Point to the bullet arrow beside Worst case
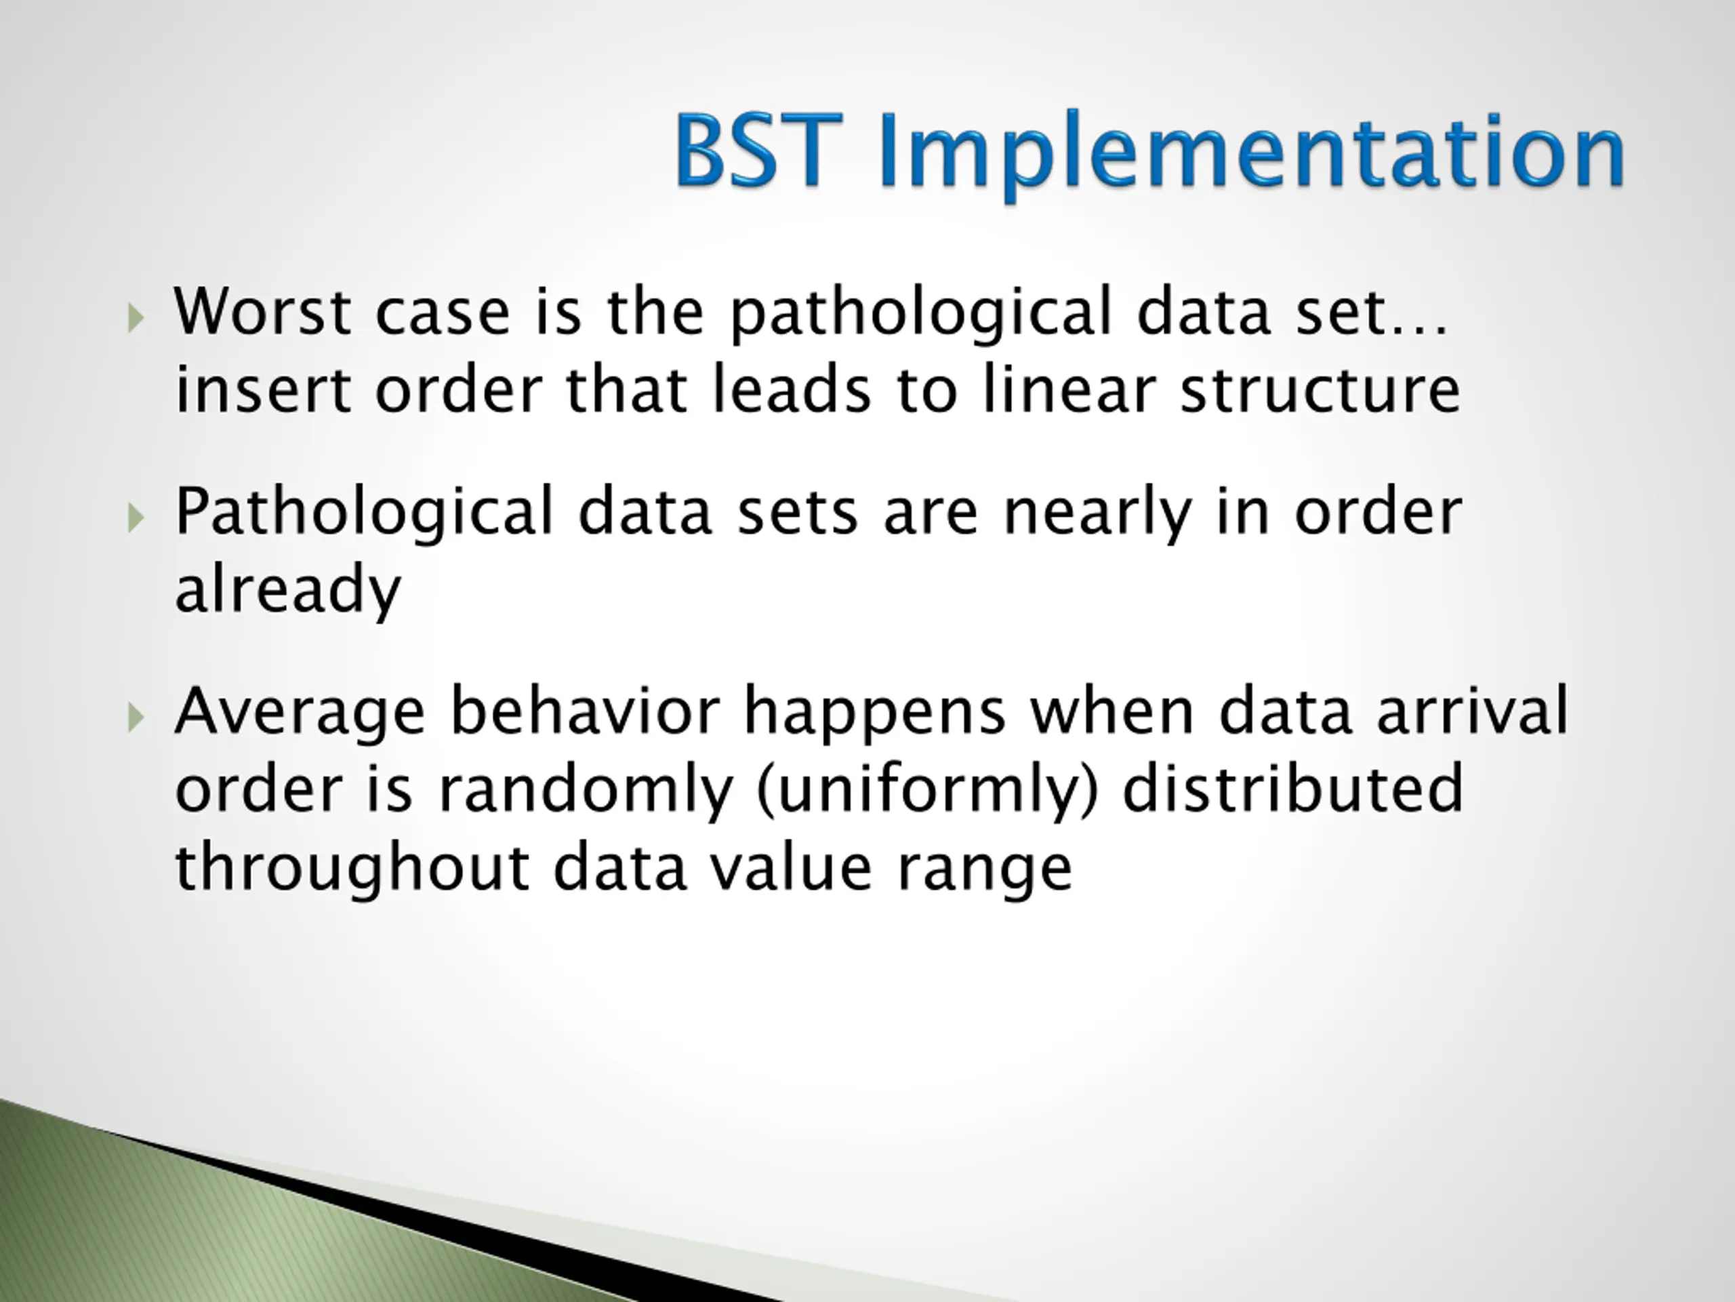coord(136,318)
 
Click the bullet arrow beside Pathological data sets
coord(136,518)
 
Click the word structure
coord(1321,390)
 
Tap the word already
coord(288,589)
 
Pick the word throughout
coord(351,870)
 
